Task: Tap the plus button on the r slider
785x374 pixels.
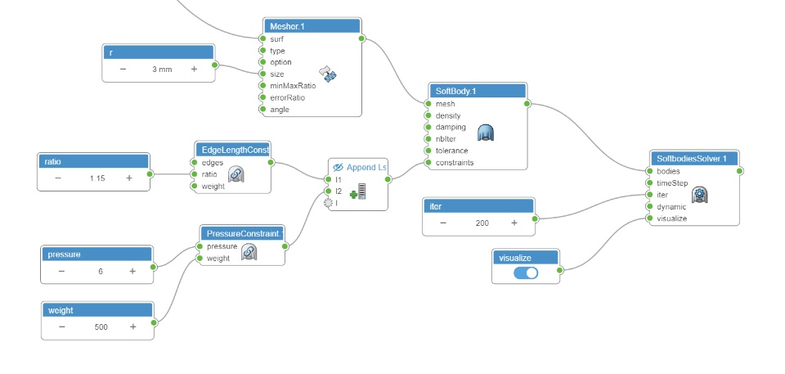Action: pyautogui.click(x=194, y=70)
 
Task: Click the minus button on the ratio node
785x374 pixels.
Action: pyautogui.click(x=58, y=178)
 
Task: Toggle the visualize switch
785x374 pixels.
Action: pyautogui.click(x=526, y=273)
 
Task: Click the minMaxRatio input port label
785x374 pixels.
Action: pyautogui.click(x=293, y=85)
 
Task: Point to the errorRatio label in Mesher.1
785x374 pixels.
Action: pyautogui.click(x=287, y=97)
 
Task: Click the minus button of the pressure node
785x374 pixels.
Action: pyautogui.click(x=61, y=270)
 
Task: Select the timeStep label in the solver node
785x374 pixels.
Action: pyautogui.click(x=672, y=183)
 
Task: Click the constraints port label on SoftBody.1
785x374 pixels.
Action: pyautogui.click(x=455, y=163)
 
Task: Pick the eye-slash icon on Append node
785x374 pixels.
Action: pyautogui.click(x=339, y=167)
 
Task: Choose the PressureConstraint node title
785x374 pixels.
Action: pyautogui.click(x=242, y=233)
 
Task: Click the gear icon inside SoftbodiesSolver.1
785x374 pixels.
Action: pyautogui.click(x=699, y=195)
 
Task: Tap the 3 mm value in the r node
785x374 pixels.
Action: pyautogui.click(x=162, y=70)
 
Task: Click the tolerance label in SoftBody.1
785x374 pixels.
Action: pyautogui.click(x=452, y=151)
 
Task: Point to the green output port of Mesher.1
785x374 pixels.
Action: pyautogui.click(x=361, y=38)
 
